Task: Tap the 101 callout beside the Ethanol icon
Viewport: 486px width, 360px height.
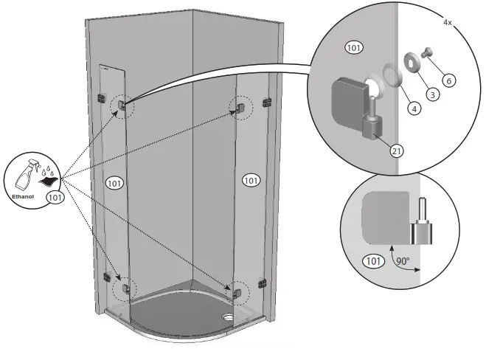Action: point(54,197)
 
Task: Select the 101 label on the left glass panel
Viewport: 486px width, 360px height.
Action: point(114,182)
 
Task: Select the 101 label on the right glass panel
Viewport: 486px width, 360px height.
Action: point(251,180)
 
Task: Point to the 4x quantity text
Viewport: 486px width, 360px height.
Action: point(447,23)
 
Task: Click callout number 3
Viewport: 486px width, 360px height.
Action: point(433,95)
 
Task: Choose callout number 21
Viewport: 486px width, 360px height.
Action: point(396,150)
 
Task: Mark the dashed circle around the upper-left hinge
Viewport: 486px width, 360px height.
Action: point(120,108)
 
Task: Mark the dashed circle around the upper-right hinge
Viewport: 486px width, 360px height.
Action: point(240,108)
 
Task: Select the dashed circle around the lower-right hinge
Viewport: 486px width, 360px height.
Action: point(239,291)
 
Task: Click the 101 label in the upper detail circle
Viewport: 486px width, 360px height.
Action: point(353,48)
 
